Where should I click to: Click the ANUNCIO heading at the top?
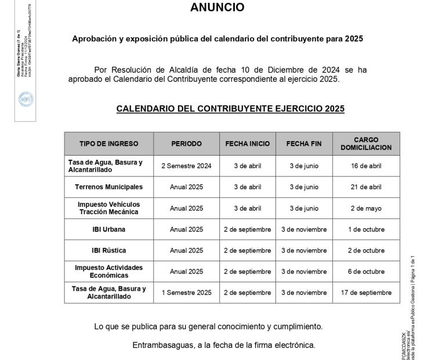(217, 8)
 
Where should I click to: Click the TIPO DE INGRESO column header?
(108, 143)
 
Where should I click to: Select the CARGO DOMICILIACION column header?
(365, 143)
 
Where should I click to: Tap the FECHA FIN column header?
(304, 143)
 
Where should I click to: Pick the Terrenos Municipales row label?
(108, 187)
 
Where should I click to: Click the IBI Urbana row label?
(108, 229)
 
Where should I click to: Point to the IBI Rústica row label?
(108, 250)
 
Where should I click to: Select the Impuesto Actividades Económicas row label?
(108, 271)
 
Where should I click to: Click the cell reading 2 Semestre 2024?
(186, 165)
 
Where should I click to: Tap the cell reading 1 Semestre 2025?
(186, 293)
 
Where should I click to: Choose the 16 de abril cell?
(365, 165)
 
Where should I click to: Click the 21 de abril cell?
(365, 187)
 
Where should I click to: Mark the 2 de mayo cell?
(365, 208)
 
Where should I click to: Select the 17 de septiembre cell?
(365, 293)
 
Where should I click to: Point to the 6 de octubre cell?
(365, 271)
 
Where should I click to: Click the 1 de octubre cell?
(365, 229)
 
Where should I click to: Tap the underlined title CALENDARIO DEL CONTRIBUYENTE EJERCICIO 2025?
(230, 109)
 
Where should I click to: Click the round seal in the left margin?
(26, 99)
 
